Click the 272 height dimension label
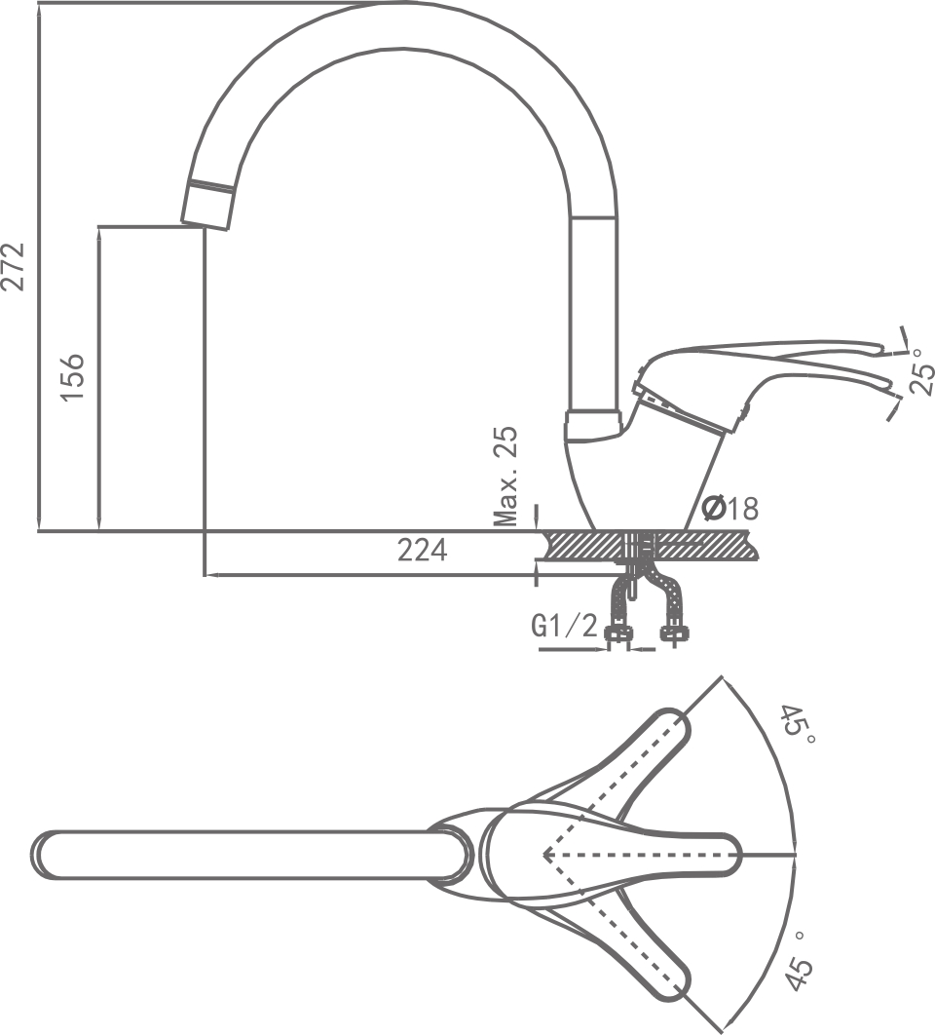click(x=14, y=267)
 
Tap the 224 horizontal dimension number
click(x=423, y=550)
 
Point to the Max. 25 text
click(x=506, y=476)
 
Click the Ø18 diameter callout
click(x=729, y=509)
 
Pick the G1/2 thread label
click(x=565, y=625)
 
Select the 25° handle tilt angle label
click(x=921, y=371)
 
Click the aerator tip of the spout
click(x=207, y=205)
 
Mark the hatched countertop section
click(x=650, y=545)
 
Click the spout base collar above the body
click(x=592, y=425)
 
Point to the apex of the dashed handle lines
click(x=544, y=856)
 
